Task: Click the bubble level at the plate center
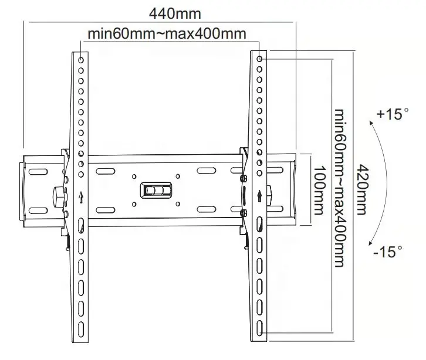tap(155, 190)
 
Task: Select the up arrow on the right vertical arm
tap(259, 194)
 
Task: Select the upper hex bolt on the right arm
tap(243, 178)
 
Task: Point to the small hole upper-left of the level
tap(134, 175)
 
